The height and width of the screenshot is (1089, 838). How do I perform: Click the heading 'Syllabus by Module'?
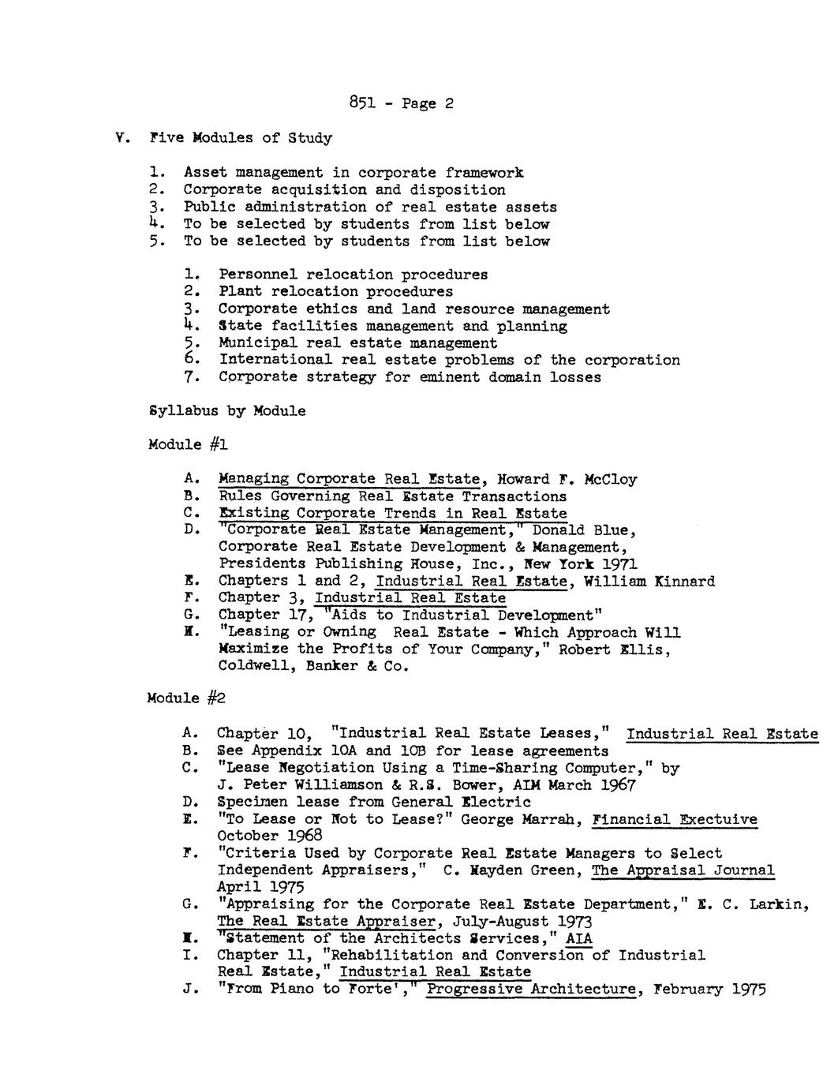pos(226,411)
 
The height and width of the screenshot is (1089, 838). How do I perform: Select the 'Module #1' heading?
pos(188,445)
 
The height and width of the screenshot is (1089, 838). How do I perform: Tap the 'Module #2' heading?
pos(187,698)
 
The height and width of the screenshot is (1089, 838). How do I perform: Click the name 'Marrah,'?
pos(548,819)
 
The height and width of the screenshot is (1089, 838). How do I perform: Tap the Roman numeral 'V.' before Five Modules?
pos(121,138)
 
